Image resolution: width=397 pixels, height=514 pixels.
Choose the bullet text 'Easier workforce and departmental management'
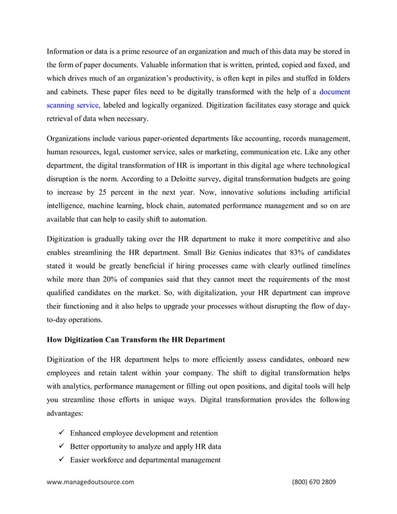(x=146, y=460)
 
